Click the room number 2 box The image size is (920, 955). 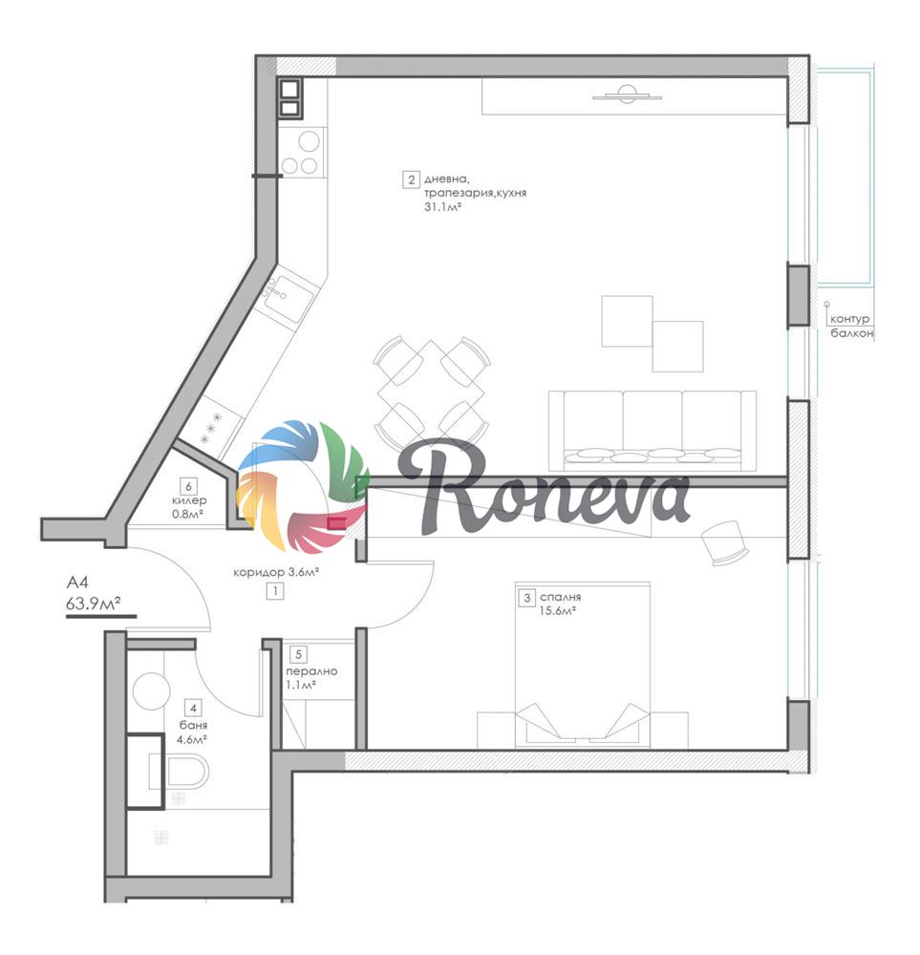pos(411,180)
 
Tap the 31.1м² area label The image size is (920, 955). pos(441,207)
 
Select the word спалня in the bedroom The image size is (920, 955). pos(560,598)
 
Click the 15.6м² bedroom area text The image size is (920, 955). pos(558,611)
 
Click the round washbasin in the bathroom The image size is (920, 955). pos(151,690)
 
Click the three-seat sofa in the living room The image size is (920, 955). pos(652,431)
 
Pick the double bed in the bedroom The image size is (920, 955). pos(583,665)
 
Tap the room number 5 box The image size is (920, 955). pos(298,655)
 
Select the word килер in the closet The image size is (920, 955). pos(189,500)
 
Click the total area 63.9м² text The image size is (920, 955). pos(94,604)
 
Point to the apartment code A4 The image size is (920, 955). pos(77,583)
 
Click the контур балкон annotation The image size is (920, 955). pos(851,326)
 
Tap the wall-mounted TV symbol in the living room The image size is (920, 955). pos(627,95)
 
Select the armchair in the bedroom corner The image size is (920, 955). pos(724,542)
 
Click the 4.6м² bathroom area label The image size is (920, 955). pos(192,740)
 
